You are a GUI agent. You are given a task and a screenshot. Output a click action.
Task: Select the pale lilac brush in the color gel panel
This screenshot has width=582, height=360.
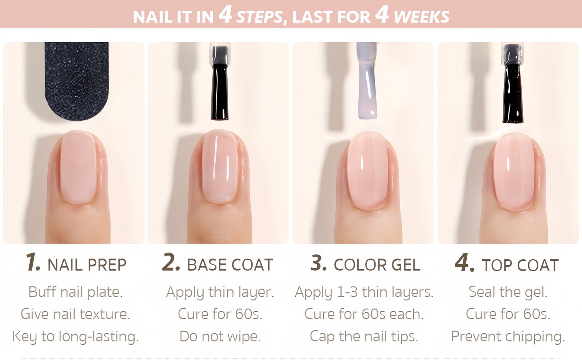pyautogui.click(x=367, y=80)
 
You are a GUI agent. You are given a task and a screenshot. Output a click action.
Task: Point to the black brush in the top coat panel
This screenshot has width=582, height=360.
pyautogui.click(x=512, y=83)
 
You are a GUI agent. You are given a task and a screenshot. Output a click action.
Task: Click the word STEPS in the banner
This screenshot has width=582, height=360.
pyautogui.click(x=260, y=17)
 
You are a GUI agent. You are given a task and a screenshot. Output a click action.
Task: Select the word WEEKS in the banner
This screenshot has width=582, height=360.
pyautogui.click(x=422, y=17)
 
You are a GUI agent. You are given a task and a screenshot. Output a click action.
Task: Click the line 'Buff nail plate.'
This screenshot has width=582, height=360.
pyautogui.click(x=75, y=292)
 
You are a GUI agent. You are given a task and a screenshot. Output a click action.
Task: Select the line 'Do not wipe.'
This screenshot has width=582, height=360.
pyautogui.click(x=220, y=336)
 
